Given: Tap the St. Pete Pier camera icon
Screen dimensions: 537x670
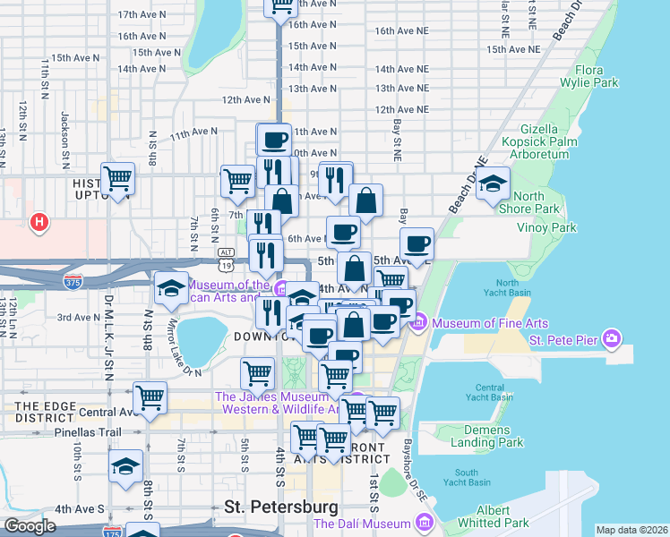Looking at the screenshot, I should (611, 339).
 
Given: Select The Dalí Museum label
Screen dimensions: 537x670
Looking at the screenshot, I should (362, 524).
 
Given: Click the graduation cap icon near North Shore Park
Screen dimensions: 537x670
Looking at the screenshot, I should (492, 183).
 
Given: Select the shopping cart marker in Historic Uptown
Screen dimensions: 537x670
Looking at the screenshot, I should (118, 179).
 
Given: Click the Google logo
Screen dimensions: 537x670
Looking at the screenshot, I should (30, 526).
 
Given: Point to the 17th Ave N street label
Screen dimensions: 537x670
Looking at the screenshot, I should (142, 15).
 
